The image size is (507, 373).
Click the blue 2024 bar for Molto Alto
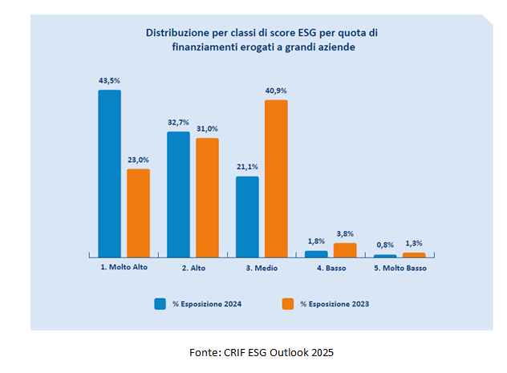(x=109, y=172)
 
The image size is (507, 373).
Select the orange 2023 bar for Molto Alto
(x=138, y=213)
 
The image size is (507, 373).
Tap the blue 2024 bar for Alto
(x=178, y=193)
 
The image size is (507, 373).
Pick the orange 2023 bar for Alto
(x=207, y=197)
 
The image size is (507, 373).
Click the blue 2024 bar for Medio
(x=247, y=216)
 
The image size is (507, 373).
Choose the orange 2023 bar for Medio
(x=276, y=177)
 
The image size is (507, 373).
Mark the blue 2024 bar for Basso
(x=316, y=253)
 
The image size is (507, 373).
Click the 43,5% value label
(x=109, y=81)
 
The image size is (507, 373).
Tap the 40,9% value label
(x=276, y=91)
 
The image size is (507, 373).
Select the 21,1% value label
(x=247, y=167)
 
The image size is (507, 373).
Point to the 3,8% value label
(x=345, y=234)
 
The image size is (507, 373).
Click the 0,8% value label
(x=385, y=244)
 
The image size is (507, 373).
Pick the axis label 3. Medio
(x=262, y=268)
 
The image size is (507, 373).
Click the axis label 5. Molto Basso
(x=400, y=268)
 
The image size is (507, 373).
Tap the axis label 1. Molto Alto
(x=124, y=268)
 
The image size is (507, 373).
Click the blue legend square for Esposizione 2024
(x=160, y=303)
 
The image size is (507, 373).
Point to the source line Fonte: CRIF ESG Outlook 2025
(x=261, y=352)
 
